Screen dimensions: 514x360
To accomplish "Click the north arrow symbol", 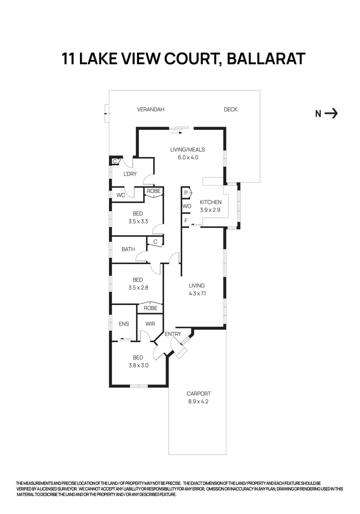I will [331, 113].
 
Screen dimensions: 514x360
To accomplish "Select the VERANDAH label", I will [150, 109].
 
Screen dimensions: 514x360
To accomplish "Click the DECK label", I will [231, 109].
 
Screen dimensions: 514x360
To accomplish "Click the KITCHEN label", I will [210, 202].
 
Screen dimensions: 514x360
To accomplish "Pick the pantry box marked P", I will [186, 193].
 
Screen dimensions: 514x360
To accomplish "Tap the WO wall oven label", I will [186, 207].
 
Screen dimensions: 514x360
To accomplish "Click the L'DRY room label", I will [130, 174].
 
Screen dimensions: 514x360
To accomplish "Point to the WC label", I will [120, 195].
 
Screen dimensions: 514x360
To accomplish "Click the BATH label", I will [128, 249].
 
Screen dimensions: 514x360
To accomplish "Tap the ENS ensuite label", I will [124, 324].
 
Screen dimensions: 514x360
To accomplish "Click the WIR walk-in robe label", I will [150, 324].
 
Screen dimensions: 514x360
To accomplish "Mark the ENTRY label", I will [173, 334].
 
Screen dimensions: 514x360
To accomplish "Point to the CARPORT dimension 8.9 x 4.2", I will [199, 401].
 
